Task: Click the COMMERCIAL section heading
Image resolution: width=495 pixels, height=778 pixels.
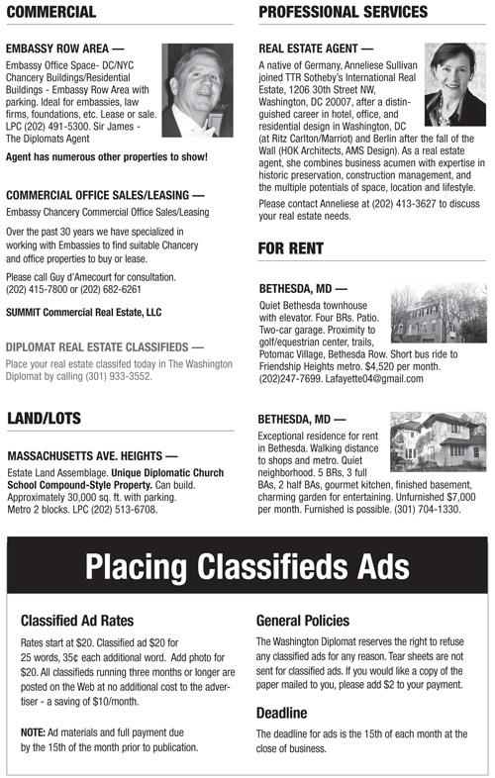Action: click(50, 12)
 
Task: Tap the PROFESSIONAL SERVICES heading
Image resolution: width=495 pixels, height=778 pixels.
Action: click(343, 12)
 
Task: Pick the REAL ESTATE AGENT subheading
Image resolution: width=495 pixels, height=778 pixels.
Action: click(316, 48)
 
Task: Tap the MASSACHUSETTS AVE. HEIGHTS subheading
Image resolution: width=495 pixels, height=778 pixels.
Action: click(92, 457)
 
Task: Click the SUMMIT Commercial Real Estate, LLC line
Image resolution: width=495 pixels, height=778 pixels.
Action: click(82, 312)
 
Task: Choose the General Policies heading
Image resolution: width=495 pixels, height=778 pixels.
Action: click(302, 621)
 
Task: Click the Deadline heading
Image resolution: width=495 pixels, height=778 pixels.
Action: click(283, 712)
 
